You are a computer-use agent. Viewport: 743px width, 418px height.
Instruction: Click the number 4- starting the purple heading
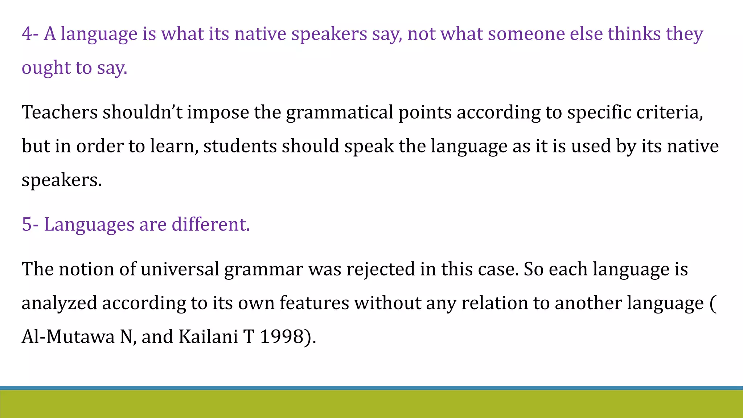pyautogui.click(x=30, y=34)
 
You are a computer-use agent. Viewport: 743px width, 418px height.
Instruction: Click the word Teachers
pyautogui.click(x=59, y=112)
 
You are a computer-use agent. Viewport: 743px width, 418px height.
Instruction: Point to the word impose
pyautogui.click(x=218, y=112)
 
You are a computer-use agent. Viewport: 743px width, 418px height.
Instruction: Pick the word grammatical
pyautogui.click(x=340, y=112)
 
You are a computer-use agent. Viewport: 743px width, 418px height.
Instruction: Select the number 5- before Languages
pyautogui.click(x=30, y=224)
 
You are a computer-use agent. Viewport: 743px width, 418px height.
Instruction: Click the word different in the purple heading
pyautogui.click(x=210, y=224)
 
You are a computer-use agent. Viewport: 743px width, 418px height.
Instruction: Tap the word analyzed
pyautogui.click(x=59, y=303)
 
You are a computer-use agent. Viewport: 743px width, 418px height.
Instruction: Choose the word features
pyautogui.click(x=314, y=303)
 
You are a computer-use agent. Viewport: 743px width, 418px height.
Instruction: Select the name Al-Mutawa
pyautogui.click(x=68, y=337)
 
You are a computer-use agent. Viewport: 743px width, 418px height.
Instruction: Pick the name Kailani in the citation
pyautogui.click(x=208, y=337)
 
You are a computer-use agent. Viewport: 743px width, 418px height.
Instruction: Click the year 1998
pyautogui.click(x=282, y=337)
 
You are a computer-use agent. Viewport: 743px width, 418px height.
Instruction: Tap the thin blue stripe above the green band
pyautogui.click(x=371, y=388)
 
